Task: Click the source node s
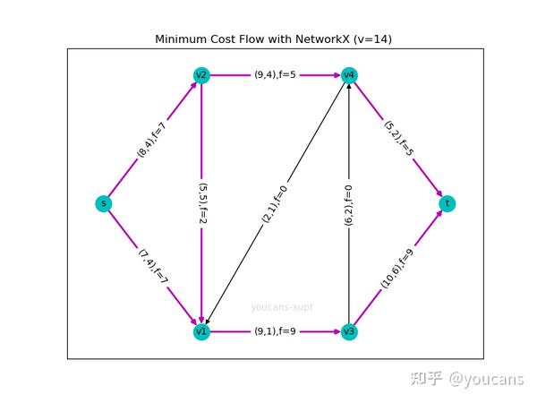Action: (x=104, y=203)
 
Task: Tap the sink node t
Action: (x=447, y=203)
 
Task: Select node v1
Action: (x=201, y=331)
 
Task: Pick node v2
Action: (x=201, y=75)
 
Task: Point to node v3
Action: (x=349, y=331)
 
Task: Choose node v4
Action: (x=349, y=75)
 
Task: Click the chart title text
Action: (x=273, y=39)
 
